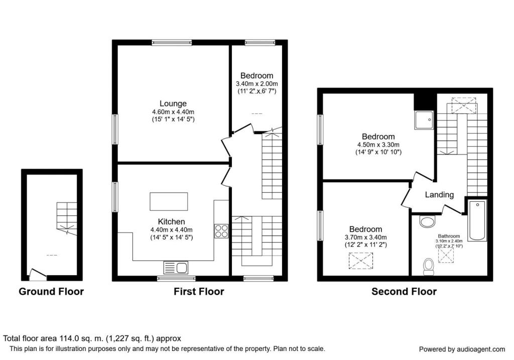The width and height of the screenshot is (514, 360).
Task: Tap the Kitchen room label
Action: click(x=172, y=221)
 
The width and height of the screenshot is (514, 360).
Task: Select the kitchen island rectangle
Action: click(x=169, y=202)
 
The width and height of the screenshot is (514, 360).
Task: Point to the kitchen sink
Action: click(x=175, y=267)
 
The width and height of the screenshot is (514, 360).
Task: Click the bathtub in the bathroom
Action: click(x=477, y=220)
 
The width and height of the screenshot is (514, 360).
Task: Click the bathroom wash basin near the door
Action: click(x=427, y=221)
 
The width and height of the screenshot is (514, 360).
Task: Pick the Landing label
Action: click(x=439, y=195)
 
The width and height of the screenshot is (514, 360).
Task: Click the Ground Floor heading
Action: click(x=51, y=291)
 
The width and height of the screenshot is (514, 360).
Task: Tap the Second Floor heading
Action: click(x=404, y=291)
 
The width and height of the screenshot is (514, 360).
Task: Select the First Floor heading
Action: click(x=199, y=291)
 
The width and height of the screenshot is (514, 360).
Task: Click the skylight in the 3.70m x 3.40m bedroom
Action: click(x=361, y=260)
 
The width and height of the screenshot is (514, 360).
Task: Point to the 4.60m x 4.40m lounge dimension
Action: click(x=173, y=112)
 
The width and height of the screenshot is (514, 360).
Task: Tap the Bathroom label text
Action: click(x=449, y=235)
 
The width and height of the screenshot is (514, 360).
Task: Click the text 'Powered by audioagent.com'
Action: click(x=462, y=349)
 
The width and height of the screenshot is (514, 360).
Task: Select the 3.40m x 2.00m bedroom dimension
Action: click(x=256, y=84)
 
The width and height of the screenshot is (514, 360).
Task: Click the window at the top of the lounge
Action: click(x=172, y=43)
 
